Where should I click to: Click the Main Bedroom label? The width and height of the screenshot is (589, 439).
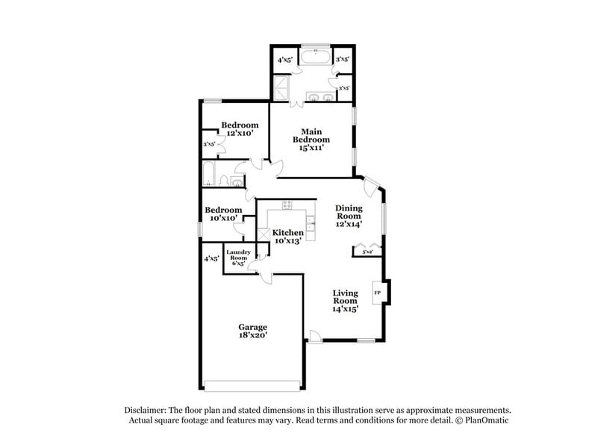(x=311, y=135)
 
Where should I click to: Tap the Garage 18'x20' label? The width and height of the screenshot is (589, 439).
(x=252, y=331)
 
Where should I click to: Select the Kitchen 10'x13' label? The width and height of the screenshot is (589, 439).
(x=287, y=237)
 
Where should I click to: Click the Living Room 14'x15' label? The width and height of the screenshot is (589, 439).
(x=346, y=300)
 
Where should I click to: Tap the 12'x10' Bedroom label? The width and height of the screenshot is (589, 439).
(x=240, y=128)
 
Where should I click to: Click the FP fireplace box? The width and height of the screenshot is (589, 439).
(x=377, y=292)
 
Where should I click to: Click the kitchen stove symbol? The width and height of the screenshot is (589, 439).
(x=287, y=205)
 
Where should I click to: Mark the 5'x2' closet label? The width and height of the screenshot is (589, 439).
(x=368, y=252)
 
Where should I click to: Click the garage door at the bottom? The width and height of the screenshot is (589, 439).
(x=253, y=386)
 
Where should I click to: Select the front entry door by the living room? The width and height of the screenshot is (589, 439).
(x=316, y=338)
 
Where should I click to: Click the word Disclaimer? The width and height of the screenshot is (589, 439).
(x=148, y=411)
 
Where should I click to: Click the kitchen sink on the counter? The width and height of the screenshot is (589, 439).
(x=309, y=221)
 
